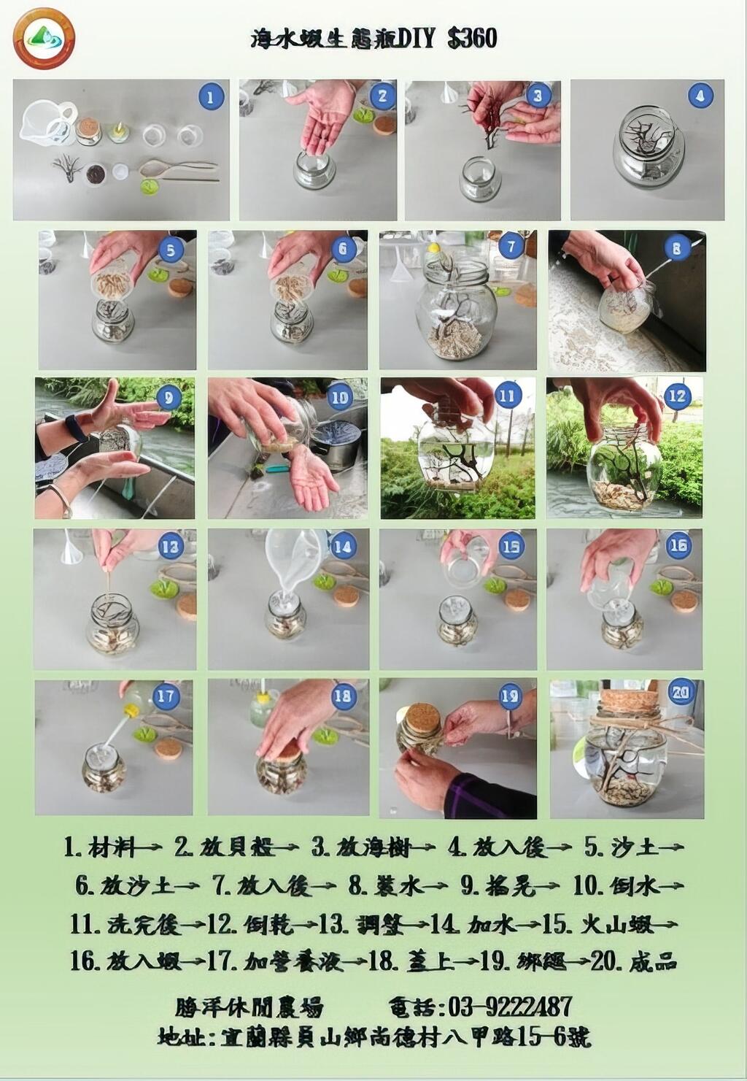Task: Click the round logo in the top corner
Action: (44, 38)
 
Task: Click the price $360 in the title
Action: (473, 38)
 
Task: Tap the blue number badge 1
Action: (211, 96)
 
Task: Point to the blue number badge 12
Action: (677, 396)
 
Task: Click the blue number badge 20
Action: (681, 692)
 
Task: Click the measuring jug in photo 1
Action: (47, 123)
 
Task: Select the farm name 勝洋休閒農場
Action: (249, 1007)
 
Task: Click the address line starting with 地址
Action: (373, 1036)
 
